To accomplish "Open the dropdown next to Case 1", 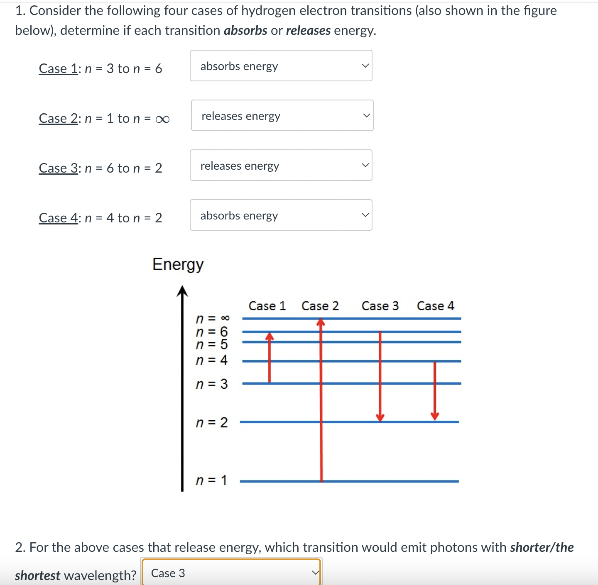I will tap(281, 66).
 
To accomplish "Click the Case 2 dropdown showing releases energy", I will tap(282, 116).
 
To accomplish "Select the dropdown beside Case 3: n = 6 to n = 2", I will tap(281, 166).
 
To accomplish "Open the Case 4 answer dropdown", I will tap(281, 215).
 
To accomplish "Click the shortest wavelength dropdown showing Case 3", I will tap(231, 573).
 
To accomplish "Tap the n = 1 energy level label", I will tap(211, 480).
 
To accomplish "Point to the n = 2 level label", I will tap(212, 422).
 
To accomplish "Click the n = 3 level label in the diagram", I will tap(212, 384).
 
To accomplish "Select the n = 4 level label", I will tap(212, 360).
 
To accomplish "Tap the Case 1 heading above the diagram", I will tap(267, 306).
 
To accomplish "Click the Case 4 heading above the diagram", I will tap(436, 306).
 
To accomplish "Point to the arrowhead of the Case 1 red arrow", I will tap(270, 336).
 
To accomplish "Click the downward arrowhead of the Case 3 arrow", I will tap(380, 417).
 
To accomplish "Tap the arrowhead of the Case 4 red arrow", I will tap(435, 416).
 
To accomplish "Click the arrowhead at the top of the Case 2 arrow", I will tap(321, 322).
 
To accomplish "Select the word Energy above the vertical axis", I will tap(178, 265).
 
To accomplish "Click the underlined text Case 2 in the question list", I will tap(58, 119).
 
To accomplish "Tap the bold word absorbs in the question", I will tap(245, 31).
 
